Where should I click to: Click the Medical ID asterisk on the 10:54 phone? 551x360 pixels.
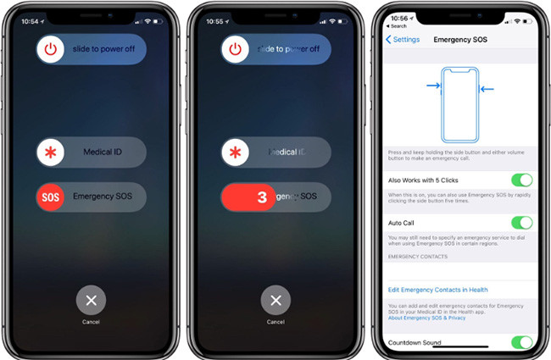[51, 152]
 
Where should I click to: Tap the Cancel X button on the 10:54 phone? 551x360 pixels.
[91, 300]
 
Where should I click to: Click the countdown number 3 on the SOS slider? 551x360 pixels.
[261, 197]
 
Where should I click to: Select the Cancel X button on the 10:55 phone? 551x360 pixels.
[275, 300]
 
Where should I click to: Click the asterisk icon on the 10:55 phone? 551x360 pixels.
[235, 152]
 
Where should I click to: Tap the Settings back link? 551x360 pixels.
[403, 39]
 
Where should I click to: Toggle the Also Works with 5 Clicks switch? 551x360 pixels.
[521, 180]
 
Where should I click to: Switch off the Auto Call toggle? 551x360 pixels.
[521, 222]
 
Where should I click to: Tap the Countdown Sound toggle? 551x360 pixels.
[521, 342]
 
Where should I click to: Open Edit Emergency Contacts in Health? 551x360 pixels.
[437, 290]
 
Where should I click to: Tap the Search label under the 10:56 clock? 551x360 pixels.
[398, 26]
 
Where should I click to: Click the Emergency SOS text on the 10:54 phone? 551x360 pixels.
[103, 197]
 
